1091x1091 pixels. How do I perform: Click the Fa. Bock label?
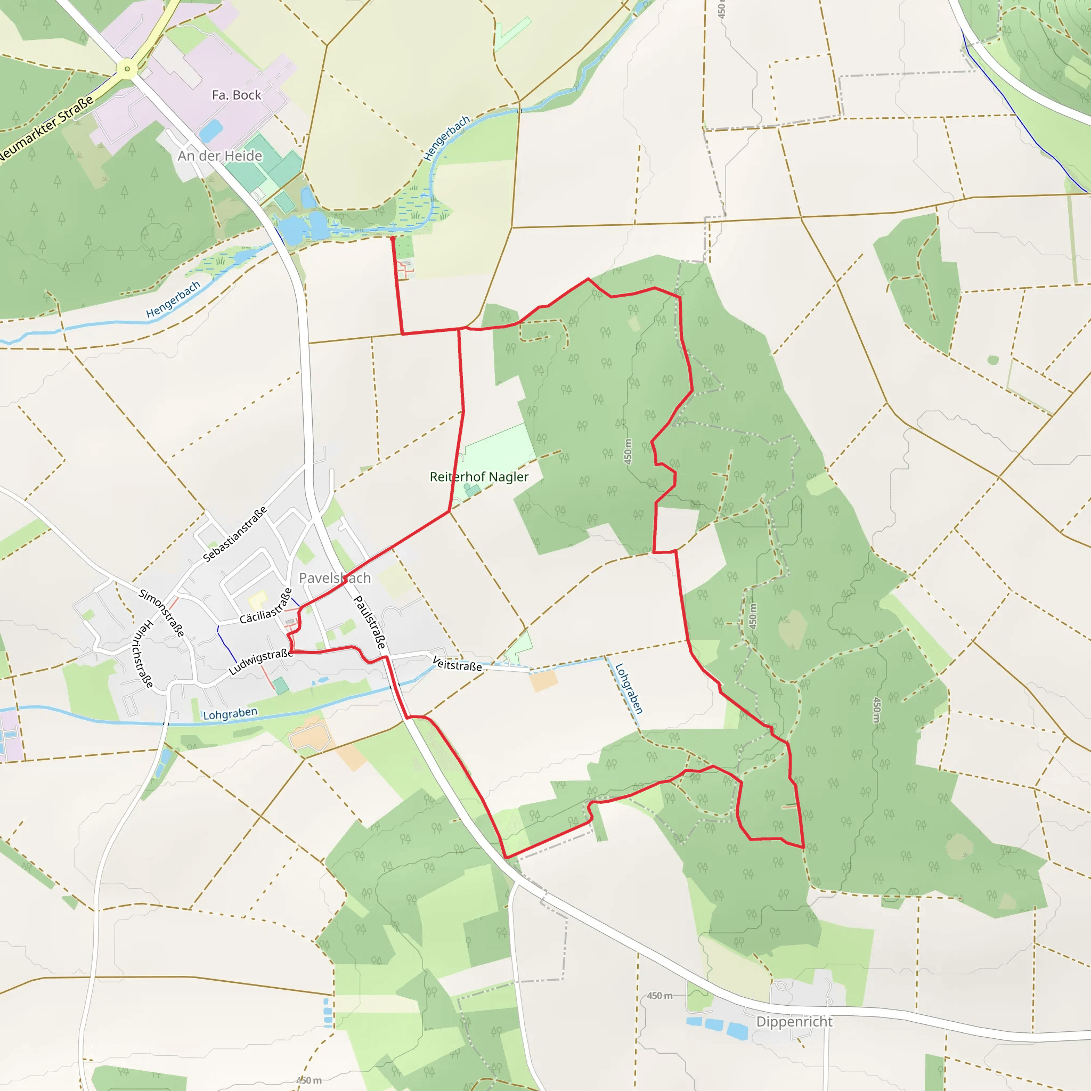pos(236,95)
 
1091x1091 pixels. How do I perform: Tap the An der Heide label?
pos(219,156)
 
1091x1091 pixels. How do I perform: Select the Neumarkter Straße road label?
pos(47,129)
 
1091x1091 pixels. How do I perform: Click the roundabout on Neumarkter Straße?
pos(127,69)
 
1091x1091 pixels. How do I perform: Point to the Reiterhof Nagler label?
pos(479,477)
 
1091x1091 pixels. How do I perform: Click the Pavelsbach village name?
pos(335,578)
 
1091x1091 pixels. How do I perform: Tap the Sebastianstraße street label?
pos(234,534)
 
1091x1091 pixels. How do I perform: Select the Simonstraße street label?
pos(161,613)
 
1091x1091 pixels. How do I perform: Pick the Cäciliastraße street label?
pos(266,606)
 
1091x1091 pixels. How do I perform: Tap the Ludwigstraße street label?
pos(261,661)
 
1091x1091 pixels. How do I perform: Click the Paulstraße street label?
pos(370,622)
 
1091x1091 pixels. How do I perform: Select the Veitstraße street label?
pos(457,664)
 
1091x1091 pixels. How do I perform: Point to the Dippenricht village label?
pos(794,1022)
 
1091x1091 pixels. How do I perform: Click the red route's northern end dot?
pos(393,239)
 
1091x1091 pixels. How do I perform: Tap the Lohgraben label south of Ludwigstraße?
pos(230,714)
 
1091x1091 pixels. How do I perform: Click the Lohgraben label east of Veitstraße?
pos(629,688)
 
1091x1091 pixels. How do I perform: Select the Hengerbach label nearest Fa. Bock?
pos(446,138)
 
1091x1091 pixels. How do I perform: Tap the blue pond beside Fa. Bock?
pos(210,131)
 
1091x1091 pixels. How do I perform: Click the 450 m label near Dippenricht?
pos(660,996)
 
